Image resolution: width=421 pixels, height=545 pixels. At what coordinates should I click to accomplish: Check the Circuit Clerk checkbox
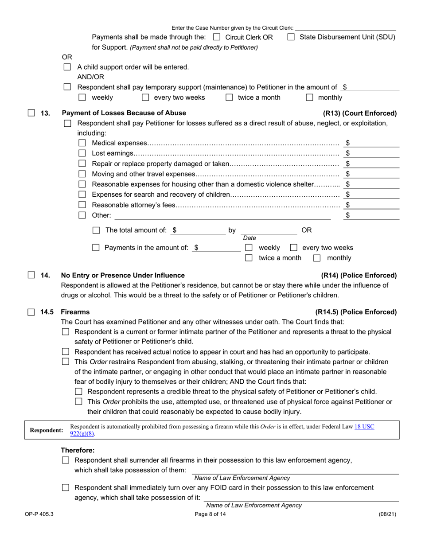point(217,38)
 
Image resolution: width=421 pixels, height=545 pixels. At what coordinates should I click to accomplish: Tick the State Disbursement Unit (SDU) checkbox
point(291,38)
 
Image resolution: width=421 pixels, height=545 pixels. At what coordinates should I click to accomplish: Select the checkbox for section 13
point(31,113)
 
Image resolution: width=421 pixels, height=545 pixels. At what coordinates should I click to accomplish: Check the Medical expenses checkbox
point(82,143)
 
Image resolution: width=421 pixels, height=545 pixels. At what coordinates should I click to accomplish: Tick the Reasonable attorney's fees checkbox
point(82,205)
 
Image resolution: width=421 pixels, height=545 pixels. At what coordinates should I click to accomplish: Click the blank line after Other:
point(222,216)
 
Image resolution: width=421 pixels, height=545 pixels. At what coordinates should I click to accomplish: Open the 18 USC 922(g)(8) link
point(364,427)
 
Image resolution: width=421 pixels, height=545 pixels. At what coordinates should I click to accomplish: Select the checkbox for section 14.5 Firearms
point(31,312)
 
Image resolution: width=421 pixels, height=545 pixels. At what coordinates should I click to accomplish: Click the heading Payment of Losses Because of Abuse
point(123,113)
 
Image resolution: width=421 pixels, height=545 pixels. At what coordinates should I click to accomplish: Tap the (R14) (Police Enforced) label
point(359,275)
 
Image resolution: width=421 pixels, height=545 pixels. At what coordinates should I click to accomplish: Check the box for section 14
point(31,275)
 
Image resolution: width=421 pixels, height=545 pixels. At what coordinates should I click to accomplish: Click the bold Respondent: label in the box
point(46,430)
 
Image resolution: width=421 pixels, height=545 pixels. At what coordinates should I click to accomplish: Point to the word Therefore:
point(78,450)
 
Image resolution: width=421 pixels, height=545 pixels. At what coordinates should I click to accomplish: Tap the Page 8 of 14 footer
point(210,514)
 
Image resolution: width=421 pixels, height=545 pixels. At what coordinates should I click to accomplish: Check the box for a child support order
point(67,67)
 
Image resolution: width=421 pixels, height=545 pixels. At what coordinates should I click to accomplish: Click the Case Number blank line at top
point(345,27)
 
